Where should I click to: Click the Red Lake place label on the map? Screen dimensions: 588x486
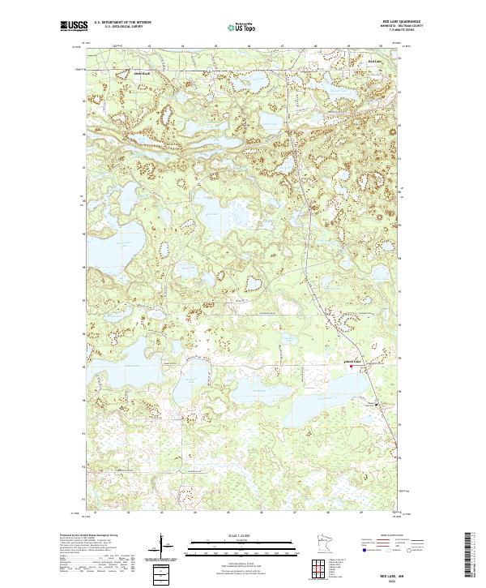(373, 61)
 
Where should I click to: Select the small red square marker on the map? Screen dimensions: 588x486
(351, 367)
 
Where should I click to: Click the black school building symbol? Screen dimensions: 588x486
(374, 397)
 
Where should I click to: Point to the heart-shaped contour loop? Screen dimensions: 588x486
(254, 281)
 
